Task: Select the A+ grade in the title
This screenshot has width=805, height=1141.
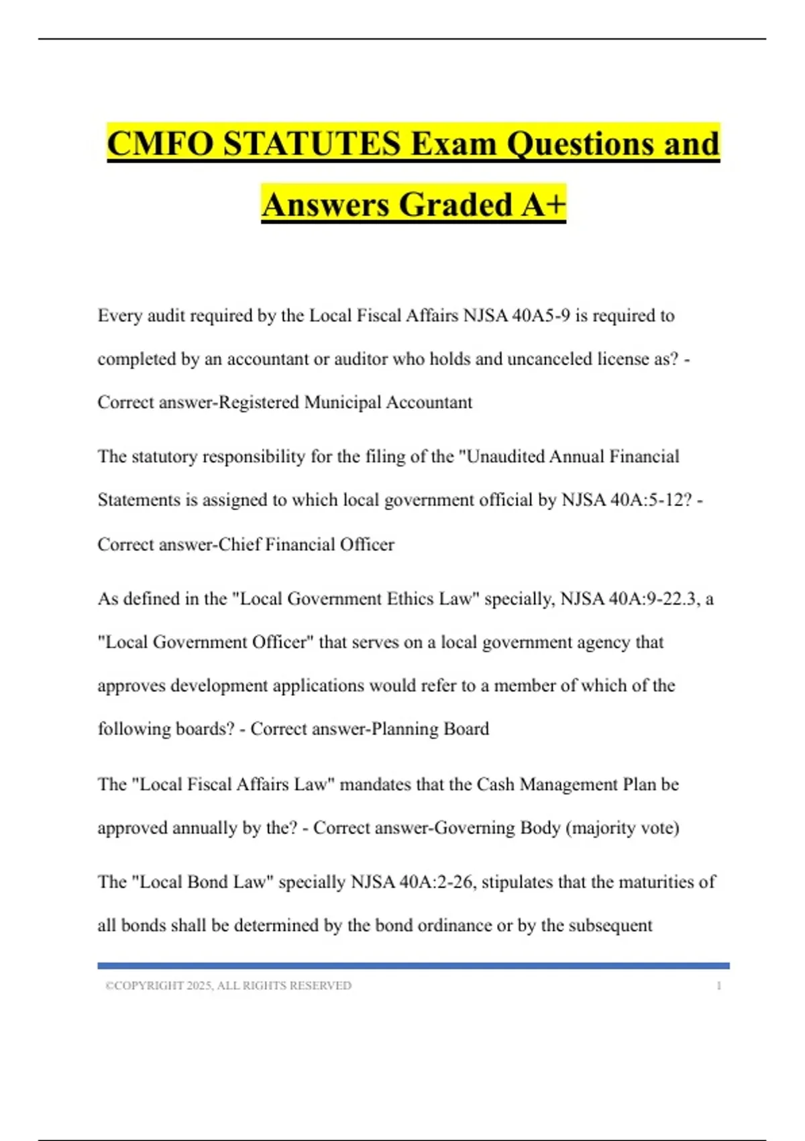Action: [x=543, y=204]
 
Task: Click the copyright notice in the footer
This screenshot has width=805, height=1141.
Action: [x=228, y=985]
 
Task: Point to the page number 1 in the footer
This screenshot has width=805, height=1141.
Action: [x=718, y=985]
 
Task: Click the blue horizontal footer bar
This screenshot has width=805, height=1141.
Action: [x=413, y=966]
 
